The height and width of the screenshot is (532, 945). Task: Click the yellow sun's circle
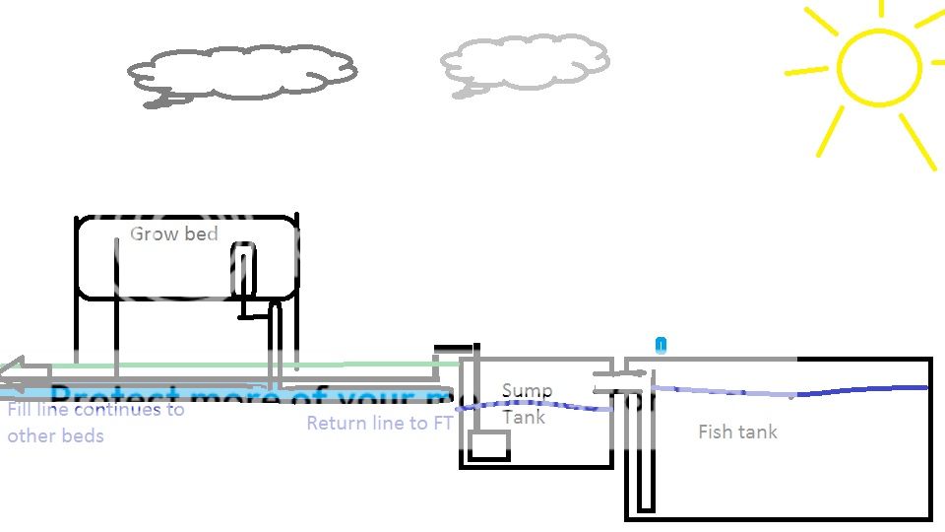pos(879,68)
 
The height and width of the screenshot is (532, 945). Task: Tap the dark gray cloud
pos(242,71)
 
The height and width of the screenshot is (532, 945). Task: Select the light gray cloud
pos(526,64)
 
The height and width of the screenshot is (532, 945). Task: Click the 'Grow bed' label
pos(173,234)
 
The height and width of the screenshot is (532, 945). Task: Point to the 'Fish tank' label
pos(737,432)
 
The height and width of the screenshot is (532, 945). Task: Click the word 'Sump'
pos(527,391)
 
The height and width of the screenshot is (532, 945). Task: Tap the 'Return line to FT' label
pos(380,424)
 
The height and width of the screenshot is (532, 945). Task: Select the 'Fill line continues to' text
pos(95,410)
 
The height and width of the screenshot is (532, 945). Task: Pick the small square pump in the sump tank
pos(488,445)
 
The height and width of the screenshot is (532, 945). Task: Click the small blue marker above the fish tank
pos(661,345)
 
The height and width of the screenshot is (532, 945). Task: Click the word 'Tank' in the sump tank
pos(524,417)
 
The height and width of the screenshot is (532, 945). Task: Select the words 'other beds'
pos(55,435)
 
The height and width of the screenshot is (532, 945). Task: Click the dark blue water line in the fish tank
pos(866,390)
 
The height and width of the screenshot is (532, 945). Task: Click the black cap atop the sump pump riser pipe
pos(456,347)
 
